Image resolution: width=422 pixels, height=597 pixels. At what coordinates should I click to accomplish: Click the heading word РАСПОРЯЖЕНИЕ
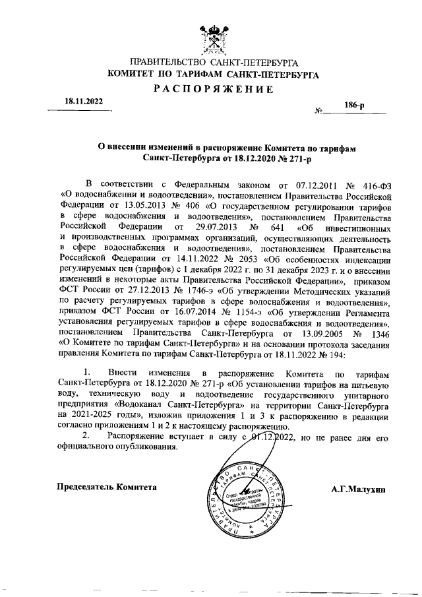click(213, 89)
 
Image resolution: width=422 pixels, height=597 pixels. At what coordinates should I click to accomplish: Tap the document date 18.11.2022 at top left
click(84, 102)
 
